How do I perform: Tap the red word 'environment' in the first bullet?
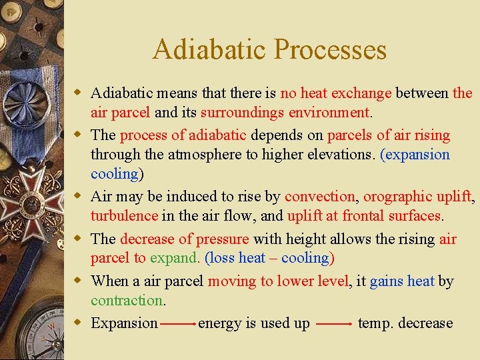[329, 112]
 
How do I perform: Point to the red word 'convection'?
[320, 197]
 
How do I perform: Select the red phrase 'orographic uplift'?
[418, 197]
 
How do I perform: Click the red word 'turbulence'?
[124, 215]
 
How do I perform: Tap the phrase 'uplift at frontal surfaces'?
[365, 215]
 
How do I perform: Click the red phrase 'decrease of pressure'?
[185, 239]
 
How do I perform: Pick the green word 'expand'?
[174, 257]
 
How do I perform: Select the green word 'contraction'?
[127, 300]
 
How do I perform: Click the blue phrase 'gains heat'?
[402, 281]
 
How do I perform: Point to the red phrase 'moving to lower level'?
[278, 281]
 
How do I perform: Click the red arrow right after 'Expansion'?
[178, 324]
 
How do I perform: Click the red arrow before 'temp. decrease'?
[333, 324]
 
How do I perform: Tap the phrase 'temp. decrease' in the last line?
[405, 323]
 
